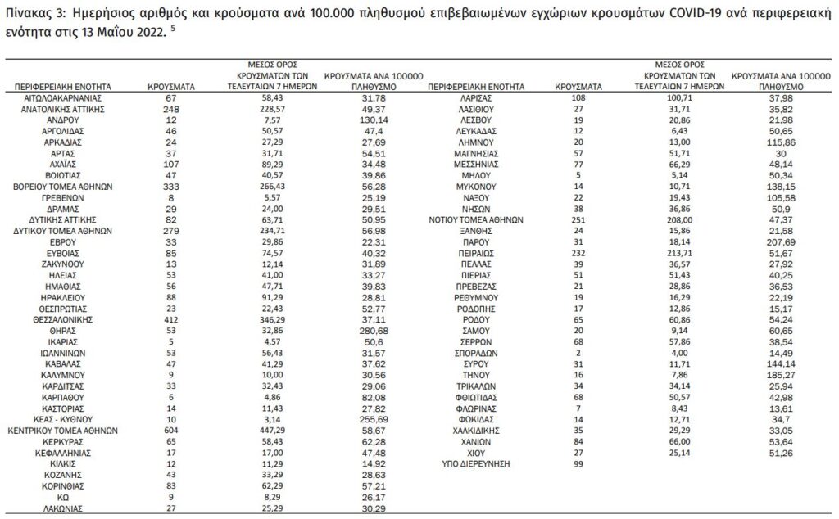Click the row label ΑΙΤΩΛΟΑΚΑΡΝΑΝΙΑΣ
pos(62,97)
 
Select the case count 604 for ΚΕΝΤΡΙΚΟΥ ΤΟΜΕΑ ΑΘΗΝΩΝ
pos(170,428)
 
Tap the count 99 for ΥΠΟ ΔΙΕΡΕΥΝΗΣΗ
pos(578,463)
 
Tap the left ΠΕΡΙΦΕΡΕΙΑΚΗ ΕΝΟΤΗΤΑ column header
pos(62,86)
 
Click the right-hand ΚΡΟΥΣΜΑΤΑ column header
pos(578,86)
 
